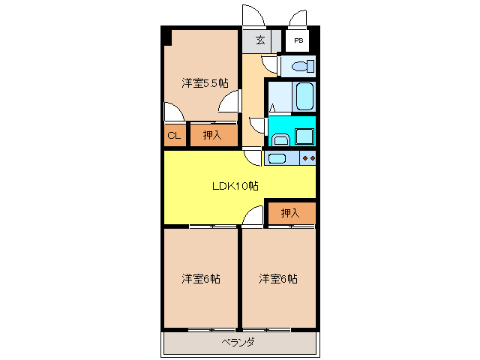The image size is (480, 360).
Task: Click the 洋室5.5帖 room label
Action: click(x=205, y=83)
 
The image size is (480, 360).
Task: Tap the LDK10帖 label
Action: click(x=234, y=185)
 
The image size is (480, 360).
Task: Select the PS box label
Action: click(x=298, y=40)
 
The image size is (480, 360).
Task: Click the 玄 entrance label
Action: click(x=259, y=40)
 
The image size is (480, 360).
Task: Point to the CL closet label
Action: click(x=174, y=136)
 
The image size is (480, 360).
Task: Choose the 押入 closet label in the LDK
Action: click(x=290, y=214)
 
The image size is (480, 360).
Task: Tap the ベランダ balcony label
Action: click(x=238, y=343)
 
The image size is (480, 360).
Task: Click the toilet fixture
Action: click(x=301, y=67)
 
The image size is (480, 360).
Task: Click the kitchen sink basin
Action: click(x=276, y=158)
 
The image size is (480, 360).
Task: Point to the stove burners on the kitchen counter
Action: click(x=307, y=158)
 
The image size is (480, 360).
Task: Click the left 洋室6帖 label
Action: click(x=201, y=279)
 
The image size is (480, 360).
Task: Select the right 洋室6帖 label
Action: click(x=278, y=279)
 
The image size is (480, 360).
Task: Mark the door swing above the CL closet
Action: click(x=173, y=112)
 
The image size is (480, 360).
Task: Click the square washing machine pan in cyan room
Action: click(x=305, y=136)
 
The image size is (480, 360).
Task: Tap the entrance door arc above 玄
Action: click(x=250, y=17)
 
